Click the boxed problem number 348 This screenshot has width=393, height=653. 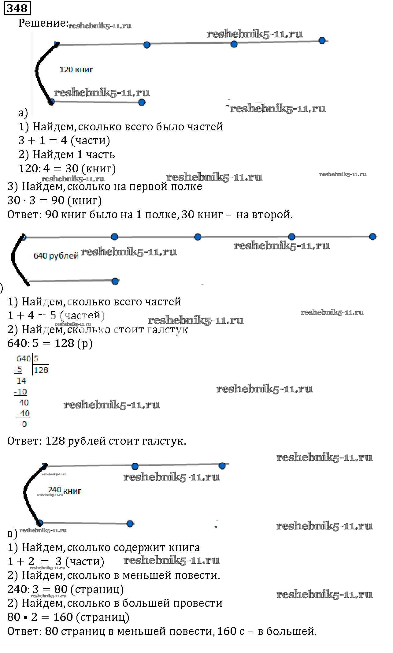tap(17, 8)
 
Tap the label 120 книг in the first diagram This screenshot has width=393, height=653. tap(76, 69)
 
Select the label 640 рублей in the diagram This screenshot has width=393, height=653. tap(56, 256)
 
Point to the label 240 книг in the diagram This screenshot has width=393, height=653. tap(65, 491)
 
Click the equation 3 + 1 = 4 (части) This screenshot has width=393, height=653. tap(64, 140)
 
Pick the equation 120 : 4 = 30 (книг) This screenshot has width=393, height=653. tap(67, 169)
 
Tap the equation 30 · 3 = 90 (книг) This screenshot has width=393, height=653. tap(54, 200)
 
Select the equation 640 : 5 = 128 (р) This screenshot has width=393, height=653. tap(50, 343)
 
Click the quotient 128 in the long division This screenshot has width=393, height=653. tap(41, 370)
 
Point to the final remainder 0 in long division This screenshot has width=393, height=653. tap(24, 424)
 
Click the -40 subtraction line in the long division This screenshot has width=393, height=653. tap(23, 413)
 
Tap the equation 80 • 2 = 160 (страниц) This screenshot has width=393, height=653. tap(68, 617)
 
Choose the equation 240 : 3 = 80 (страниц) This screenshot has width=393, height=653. tap(65, 589)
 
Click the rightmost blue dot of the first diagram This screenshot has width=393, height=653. tap(322, 41)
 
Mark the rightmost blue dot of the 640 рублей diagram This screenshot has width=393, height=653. tap(372, 237)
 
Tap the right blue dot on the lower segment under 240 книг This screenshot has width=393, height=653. tap(130, 524)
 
